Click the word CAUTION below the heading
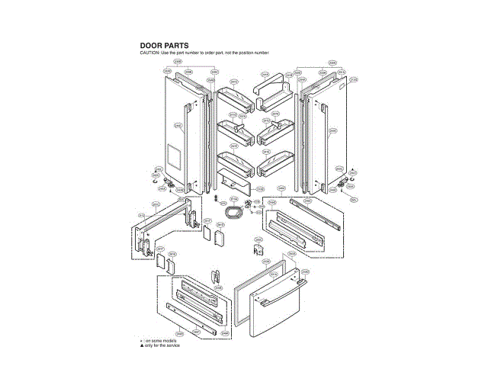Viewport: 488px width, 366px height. [149, 53]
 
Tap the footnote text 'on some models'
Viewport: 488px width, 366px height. [160, 340]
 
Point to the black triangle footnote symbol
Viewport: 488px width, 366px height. [141, 345]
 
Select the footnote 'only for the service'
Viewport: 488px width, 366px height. [162, 345]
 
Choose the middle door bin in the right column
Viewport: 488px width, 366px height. [274, 131]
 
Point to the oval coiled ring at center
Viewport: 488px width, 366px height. [236, 209]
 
